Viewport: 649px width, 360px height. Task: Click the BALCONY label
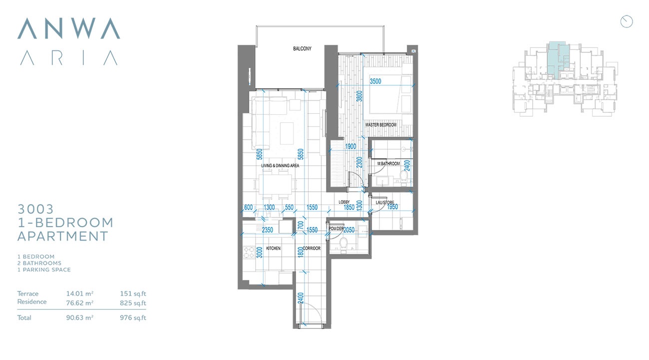(302, 49)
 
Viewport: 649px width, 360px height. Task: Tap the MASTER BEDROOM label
(380, 125)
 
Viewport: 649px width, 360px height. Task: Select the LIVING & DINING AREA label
(280, 166)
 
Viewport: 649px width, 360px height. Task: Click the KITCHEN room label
(273, 248)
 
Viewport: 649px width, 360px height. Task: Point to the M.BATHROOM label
(388, 164)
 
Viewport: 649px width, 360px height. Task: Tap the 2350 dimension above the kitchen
(267, 230)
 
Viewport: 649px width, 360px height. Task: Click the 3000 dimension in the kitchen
(259, 253)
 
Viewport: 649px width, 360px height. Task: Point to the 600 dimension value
(248, 208)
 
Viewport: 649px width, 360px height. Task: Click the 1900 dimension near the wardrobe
(350, 146)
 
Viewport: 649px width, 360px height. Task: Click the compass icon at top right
(627, 21)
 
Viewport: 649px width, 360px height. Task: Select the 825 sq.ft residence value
(133, 302)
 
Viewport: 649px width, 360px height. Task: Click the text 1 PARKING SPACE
(44, 270)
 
